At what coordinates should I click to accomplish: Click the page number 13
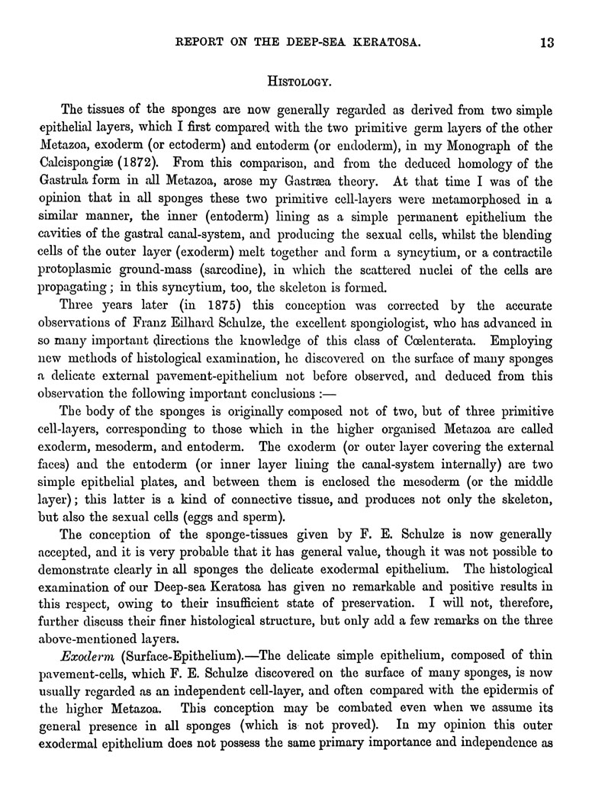pos(545,43)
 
